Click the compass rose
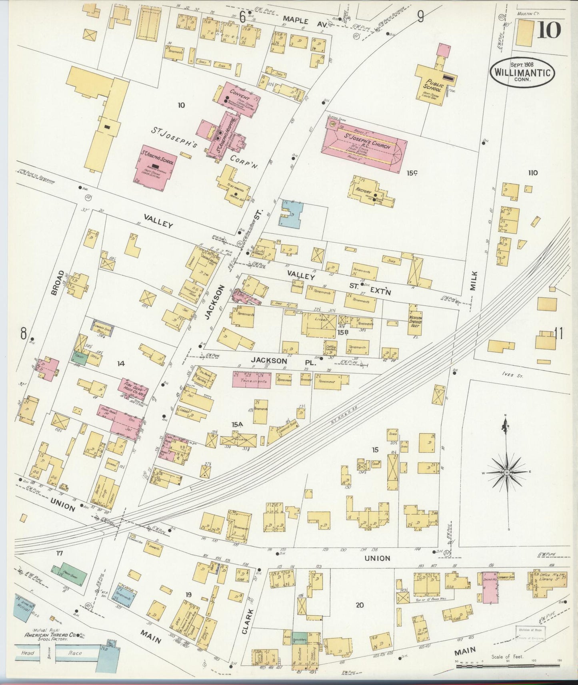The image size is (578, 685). tap(507, 472)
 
